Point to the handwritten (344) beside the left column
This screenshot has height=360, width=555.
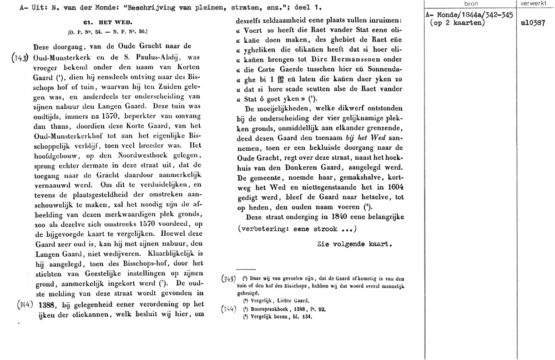(x=21, y=304)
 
